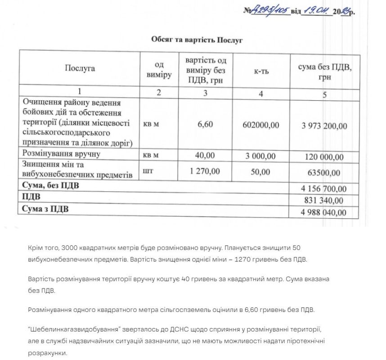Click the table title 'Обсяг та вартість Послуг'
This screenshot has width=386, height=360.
pos(197,40)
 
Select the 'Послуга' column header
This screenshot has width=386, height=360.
pos(80,68)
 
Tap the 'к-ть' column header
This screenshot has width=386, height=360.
pos(261,70)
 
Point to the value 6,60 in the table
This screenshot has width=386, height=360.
pos(205,125)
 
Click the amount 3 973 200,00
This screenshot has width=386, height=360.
pos(324,126)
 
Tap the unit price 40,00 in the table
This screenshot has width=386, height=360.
pos(206,156)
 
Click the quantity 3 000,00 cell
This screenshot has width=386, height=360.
pos(260,156)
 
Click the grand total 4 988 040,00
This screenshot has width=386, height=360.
pos(324,212)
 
